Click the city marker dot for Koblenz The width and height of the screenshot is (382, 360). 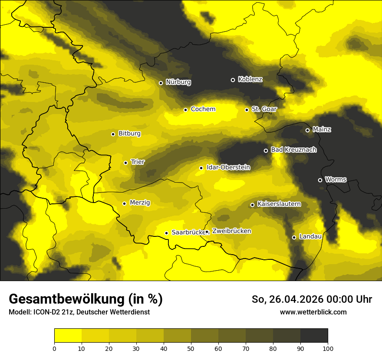(x=233, y=80)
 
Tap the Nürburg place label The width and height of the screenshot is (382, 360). (x=178, y=82)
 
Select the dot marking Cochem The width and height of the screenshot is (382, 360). (x=185, y=110)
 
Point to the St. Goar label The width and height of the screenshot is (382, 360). (x=264, y=109)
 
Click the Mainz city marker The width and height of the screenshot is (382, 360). (x=307, y=130)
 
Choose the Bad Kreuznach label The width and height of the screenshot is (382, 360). (x=293, y=150)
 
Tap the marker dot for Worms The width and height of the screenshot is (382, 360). (x=320, y=180)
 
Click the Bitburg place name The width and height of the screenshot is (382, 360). (x=129, y=134)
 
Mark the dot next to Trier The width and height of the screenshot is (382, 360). (x=125, y=163)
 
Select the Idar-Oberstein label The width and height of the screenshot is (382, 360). (x=228, y=167)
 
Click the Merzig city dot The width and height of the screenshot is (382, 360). (x=124, y=203)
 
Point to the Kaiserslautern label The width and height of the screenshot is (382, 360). (x=279, y=204)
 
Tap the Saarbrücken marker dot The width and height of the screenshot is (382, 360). (x=166, y=233)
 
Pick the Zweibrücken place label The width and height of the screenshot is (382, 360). (x=231, y=231)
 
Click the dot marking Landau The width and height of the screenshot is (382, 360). (x=294, y=237)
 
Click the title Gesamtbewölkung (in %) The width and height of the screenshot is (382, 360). (x=86, y=299)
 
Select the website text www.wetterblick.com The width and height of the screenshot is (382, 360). (x=313, y=312)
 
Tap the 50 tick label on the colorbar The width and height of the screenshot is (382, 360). (x=191, y=348)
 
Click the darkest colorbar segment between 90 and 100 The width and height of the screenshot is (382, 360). (x=314, y=335)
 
